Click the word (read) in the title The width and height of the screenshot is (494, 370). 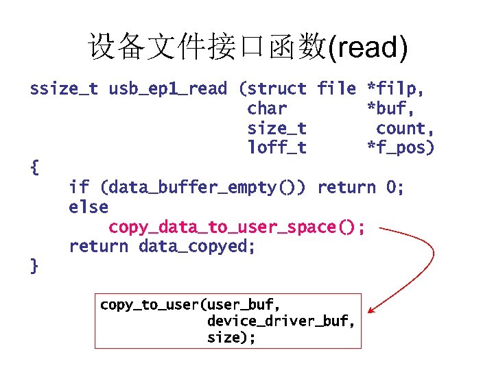368,48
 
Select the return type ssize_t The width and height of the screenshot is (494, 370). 64,88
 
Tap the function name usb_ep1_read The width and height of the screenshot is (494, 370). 167,88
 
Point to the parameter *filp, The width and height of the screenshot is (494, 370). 396,88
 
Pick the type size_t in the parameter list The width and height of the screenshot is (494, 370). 277,128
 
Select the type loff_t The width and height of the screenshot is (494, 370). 277,147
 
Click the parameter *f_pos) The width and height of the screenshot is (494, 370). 401,147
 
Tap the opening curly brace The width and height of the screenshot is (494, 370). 35,166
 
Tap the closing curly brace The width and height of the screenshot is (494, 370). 35,266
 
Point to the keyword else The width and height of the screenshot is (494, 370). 89,207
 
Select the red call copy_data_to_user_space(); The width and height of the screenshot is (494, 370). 237,227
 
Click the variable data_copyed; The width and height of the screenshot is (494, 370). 197,246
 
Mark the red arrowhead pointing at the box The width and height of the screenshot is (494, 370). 370,311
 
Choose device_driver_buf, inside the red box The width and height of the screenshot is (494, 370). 281,321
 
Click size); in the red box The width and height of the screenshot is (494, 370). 231,337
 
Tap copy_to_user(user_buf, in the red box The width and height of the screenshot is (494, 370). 190,304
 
